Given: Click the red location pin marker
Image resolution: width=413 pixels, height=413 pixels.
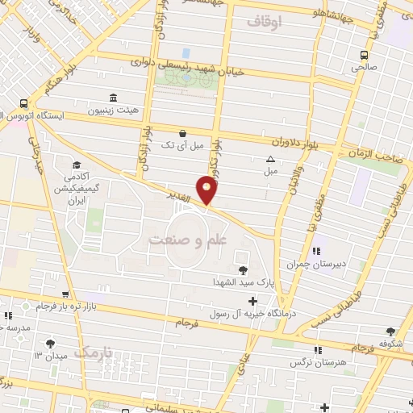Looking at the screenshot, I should pyautogui.click(x=207, y=190).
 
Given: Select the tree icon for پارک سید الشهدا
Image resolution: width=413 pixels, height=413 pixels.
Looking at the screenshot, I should pyautogui.click(x=243, y=269).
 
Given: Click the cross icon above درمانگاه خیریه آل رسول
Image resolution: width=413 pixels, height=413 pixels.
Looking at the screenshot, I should pyautogui.click(x=253, y=300).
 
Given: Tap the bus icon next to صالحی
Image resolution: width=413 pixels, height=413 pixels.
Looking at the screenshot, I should pyautogui.click(x=365, y=55).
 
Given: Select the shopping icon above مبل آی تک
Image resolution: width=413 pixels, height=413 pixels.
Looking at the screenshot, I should pyautogui.click(x=183, y=132).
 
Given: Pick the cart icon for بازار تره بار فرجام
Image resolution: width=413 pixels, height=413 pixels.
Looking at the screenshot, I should pyautogui.click(x=65, y=294).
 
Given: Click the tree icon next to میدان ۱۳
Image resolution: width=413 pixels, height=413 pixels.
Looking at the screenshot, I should pyautogui.click(x=52, y=343).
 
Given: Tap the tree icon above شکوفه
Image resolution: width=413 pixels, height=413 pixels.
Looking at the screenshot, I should pyautogui.click(x=391, y=331).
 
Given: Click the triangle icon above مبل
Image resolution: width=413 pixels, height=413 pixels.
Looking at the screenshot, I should pyautogui.click(x=270, y=159).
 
